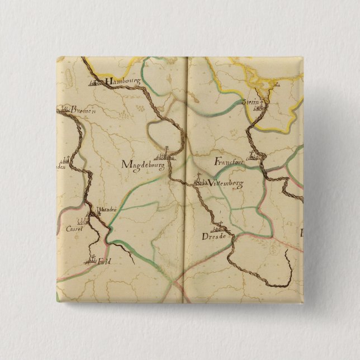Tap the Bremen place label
point(80,111)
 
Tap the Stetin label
point(252,103)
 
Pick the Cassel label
point(74,229)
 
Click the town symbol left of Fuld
point(91,259)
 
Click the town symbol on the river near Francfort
point(254,155)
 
